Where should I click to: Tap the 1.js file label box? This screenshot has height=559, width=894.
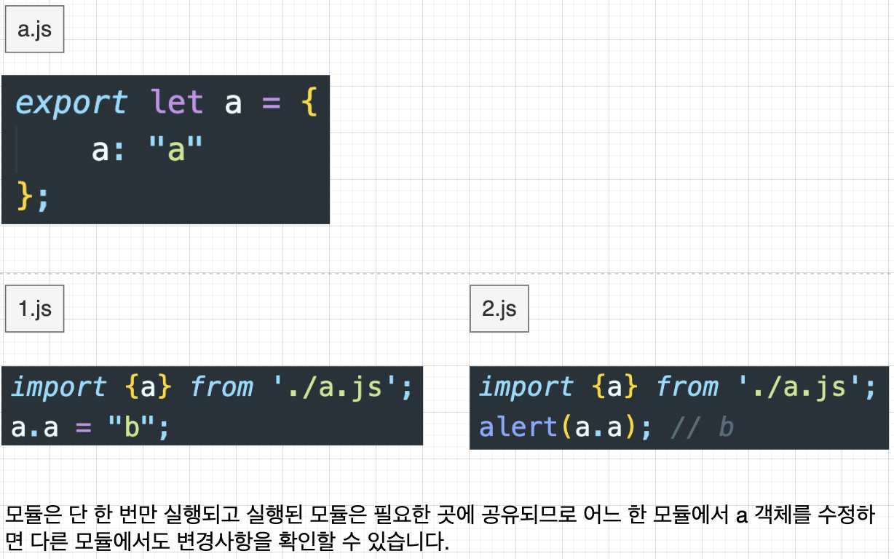tap(34, 309)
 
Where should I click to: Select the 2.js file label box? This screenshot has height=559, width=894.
tap(499, 309)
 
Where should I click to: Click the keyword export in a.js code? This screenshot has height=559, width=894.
tap(71, 103)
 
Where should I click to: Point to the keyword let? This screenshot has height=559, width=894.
tap(177, 103)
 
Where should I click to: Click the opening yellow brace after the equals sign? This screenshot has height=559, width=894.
tap(309, 103)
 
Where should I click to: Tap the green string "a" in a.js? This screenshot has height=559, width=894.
tap(175, 150)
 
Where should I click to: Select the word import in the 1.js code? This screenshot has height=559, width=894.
tap(58, 387)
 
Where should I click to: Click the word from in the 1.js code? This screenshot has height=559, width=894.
tap(221, 387)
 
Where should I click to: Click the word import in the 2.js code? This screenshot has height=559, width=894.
tap(526, 387)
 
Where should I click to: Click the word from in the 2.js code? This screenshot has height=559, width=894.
tap(688, 387)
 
